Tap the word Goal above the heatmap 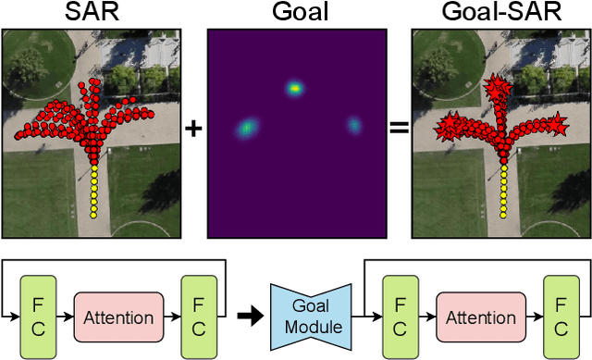pyautogui.click(x=294, y=13)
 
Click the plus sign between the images pyautogui.click(x=193, y=129)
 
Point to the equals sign pyautogui.click(x=399, y=129)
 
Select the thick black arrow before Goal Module pyautogui.click(x=248, y=317)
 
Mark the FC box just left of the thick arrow pyautogui.click(x=199, y=317)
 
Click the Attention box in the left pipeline pyautogui.click(x=118, y=317)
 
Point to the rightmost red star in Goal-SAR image pyautogui.click(x=559, y=122)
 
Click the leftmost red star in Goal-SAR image pyautogui.click(x=445, y=124)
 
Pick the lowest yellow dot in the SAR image pyautogui.click(x=92, y=214)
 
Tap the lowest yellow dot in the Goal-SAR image pyautogui.click(x=502, y=214)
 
